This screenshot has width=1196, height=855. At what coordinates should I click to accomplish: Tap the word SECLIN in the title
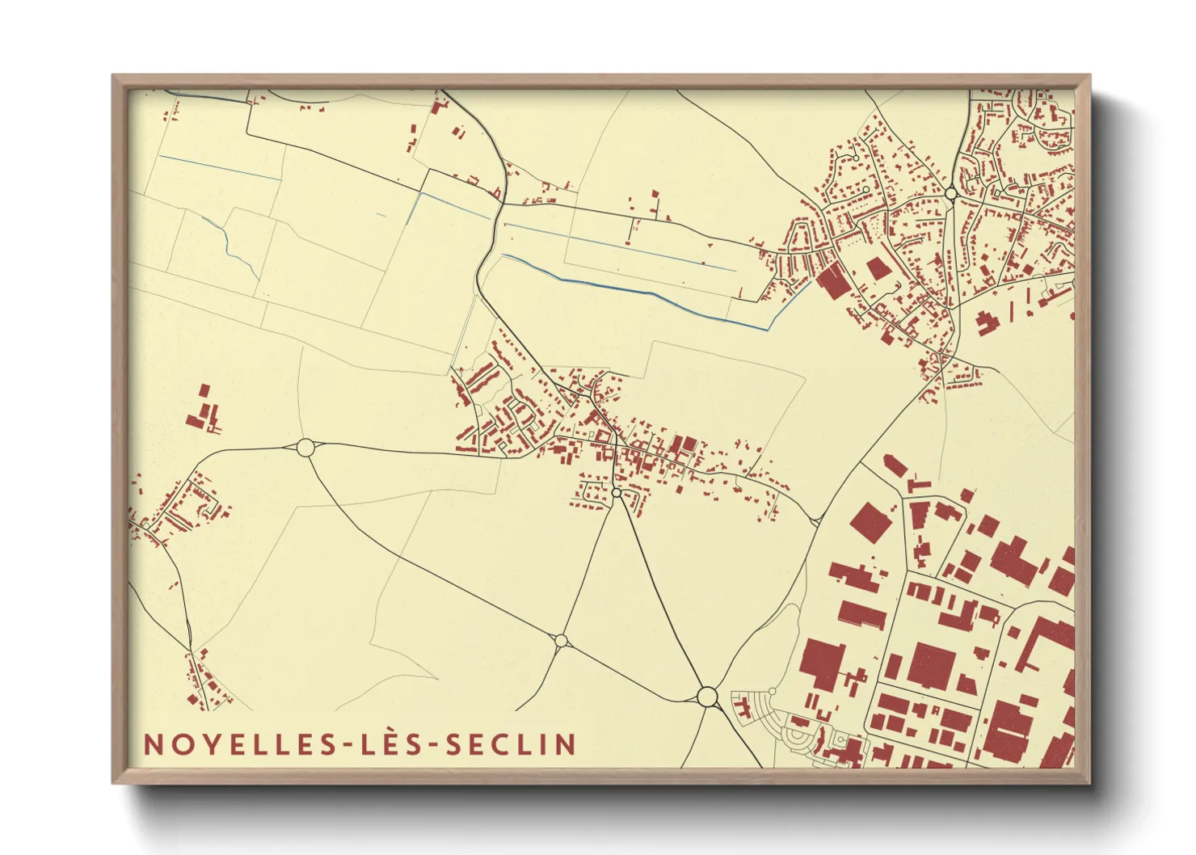(512, 744)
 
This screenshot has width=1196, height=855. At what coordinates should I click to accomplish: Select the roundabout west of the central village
(305, 447)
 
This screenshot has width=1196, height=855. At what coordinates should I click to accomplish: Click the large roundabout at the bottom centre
(707, 696)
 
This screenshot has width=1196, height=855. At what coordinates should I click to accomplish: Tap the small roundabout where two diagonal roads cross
(561, 642)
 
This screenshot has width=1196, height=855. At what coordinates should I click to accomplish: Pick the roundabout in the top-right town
(951, 193)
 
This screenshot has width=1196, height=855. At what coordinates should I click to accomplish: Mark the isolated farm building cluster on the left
(203, 411)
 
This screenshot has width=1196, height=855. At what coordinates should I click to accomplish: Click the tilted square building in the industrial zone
(871, 523)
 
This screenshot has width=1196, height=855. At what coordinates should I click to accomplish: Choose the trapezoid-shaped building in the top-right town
(878, 268)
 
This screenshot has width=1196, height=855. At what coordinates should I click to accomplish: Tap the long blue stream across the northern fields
(638, 289)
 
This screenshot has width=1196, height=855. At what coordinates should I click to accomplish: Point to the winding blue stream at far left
(230, 242)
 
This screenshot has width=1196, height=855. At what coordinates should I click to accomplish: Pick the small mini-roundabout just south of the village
(617, 492)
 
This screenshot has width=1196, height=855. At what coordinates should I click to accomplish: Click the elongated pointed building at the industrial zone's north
(895, 466)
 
